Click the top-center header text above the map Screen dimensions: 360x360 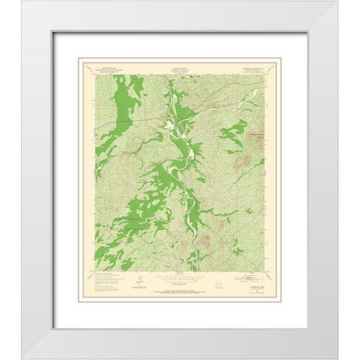point(176,70)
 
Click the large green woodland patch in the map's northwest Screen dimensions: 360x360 point(101,97)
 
